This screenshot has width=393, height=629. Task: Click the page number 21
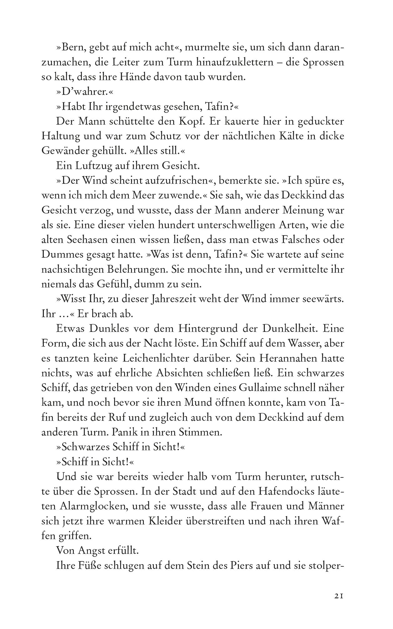click(x=339, y=596)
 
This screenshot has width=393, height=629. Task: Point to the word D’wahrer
click(x=84, y=92)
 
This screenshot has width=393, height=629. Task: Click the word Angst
click(x=96, y=550)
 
